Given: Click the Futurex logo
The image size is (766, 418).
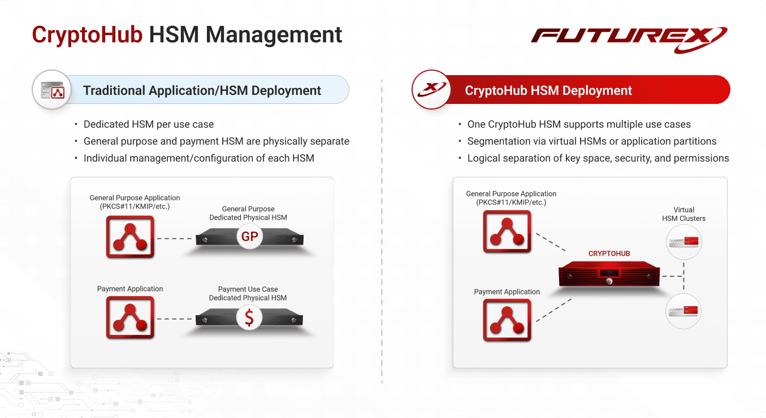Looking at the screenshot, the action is coord(629,40).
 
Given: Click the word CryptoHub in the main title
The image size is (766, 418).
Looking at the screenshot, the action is coord(87,35).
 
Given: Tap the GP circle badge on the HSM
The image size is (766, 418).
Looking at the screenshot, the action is coord(250,236).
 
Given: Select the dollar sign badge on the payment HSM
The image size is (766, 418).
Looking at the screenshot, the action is coord(249,317).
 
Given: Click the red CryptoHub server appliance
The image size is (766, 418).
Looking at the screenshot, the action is coord(609,274).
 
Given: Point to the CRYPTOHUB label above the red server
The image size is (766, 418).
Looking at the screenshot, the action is coord(609,254).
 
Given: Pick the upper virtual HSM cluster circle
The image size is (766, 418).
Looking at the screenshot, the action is coord(683,242).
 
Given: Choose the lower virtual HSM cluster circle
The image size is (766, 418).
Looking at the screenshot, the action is coord(683,311).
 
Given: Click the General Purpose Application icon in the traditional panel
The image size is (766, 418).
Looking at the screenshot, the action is coord(130,237).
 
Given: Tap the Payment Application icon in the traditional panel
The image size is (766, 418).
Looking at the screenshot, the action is coord(130,317).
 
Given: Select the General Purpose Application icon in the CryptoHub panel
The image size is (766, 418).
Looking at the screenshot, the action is coord(507,232).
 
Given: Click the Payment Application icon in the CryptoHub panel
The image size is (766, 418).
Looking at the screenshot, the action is coord(507,320).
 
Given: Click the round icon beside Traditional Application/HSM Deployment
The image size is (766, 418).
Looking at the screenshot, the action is coord(52,90).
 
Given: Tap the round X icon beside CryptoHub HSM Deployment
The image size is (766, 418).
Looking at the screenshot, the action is coord(431,90).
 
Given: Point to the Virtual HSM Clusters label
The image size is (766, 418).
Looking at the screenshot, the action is coord(683,214).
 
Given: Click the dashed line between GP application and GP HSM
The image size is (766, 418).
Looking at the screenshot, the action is coord(175,238).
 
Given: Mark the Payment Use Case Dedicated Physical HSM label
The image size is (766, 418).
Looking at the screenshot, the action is coord(248,293).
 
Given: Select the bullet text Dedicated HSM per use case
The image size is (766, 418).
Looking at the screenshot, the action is coord(149,124).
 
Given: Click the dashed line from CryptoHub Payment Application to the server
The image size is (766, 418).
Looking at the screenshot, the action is coord(553,310).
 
